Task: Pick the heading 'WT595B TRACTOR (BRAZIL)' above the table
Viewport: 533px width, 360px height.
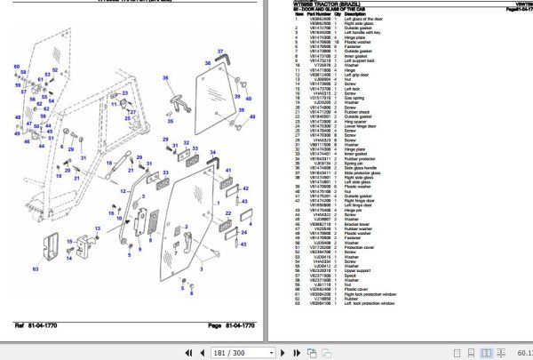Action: point(317,3)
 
